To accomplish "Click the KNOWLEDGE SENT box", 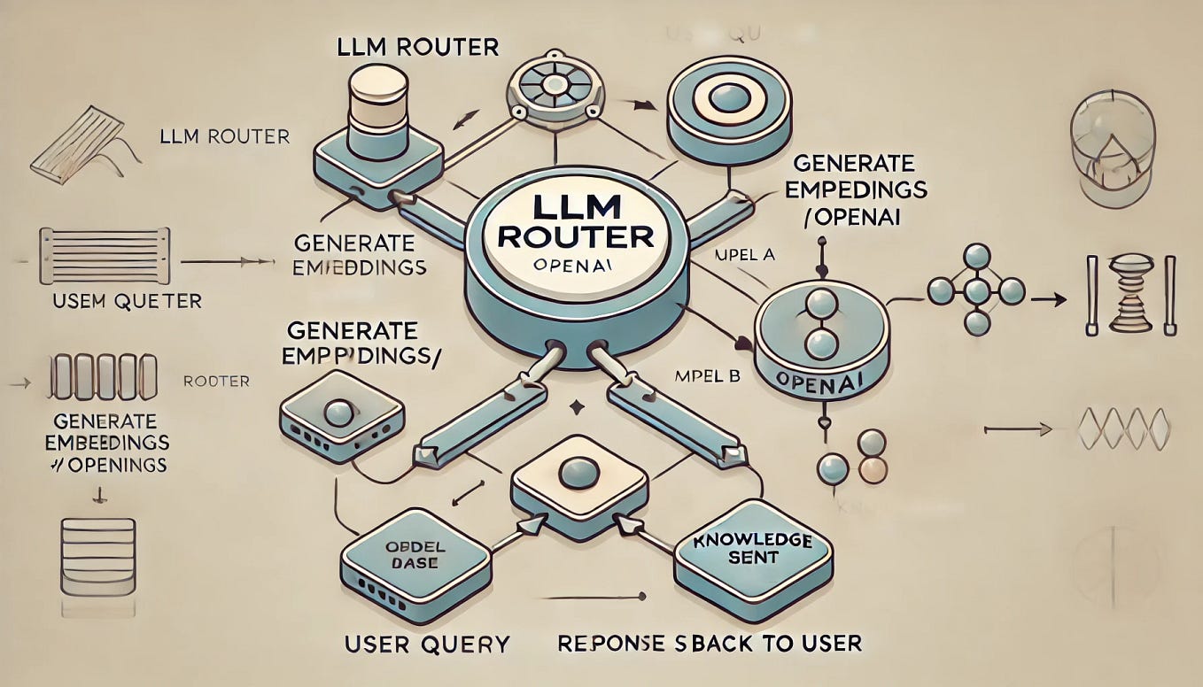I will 753,549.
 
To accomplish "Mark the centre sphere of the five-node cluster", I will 975,290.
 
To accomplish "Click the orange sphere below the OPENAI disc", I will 872,470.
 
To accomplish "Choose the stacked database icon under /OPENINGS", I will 98,554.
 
